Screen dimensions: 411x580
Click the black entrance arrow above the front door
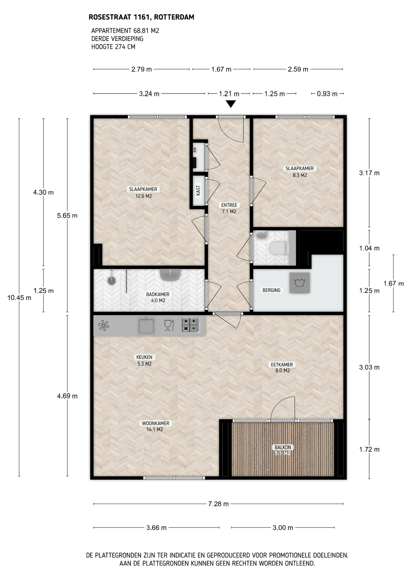(x=231, y=104)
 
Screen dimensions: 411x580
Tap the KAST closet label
(x=198, y=190)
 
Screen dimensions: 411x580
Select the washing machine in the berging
(x=300, y=283)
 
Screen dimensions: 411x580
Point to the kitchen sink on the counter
(x=146, y=325)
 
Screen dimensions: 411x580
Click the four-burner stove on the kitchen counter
(x=191, y=325)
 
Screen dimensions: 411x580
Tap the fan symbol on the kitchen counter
(x=104, y=325)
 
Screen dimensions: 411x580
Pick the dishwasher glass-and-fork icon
(x=169, y=325)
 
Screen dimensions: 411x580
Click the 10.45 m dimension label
(x=19, y=298)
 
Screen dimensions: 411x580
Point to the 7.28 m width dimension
(x=219, y=504)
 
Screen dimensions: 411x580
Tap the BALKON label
(x=283, y=447)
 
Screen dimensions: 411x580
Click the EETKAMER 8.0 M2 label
(x=282, y=367)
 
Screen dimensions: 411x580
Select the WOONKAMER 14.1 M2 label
(x=155, y=426)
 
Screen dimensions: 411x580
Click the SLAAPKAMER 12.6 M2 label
(x=143, y=192)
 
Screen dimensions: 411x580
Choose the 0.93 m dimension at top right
(x=327, y=94)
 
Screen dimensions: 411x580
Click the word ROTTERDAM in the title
(x=174, y=17)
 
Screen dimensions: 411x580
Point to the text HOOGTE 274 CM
(x=113, y=47)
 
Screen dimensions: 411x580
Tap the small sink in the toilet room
(x=261, y=234)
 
